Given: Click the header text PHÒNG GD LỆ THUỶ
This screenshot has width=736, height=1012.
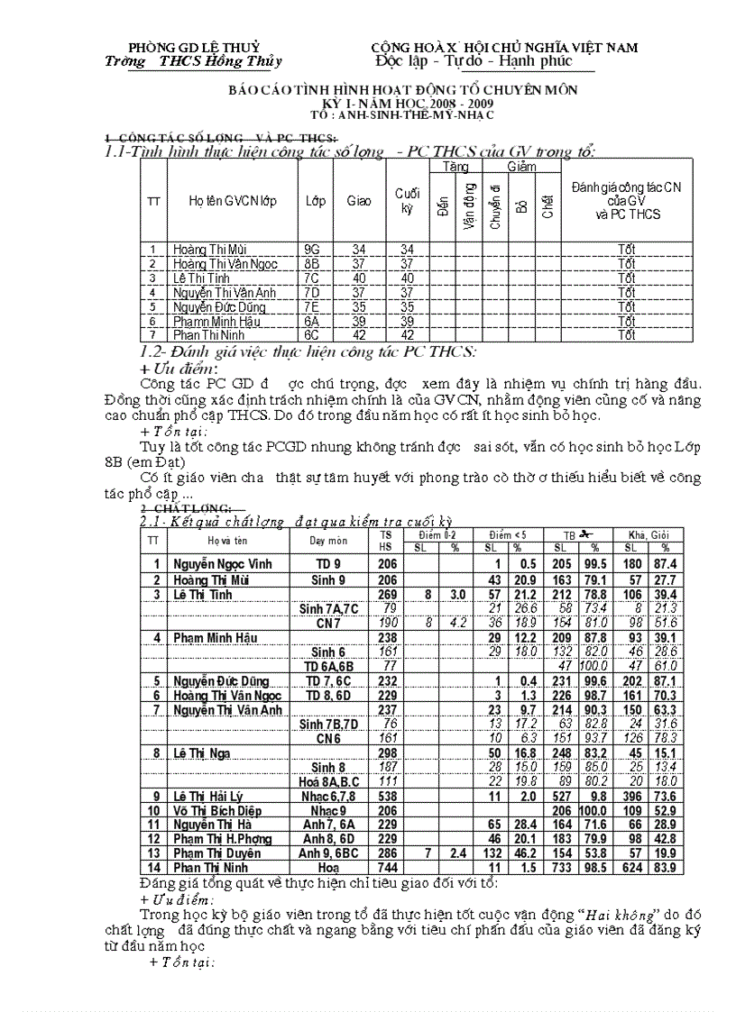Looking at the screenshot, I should pos(194,46).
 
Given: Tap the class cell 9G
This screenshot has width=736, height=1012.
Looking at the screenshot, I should pos(314,249).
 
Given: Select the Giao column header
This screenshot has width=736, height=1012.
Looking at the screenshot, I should pos(359,201).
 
